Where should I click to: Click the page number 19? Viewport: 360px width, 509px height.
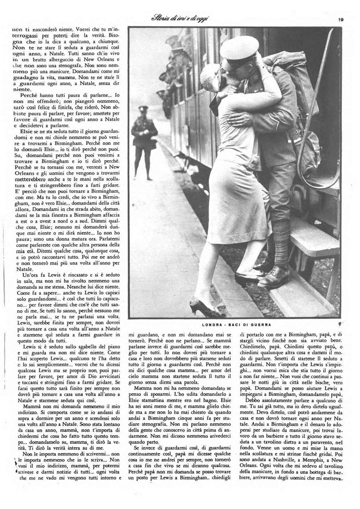341,20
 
